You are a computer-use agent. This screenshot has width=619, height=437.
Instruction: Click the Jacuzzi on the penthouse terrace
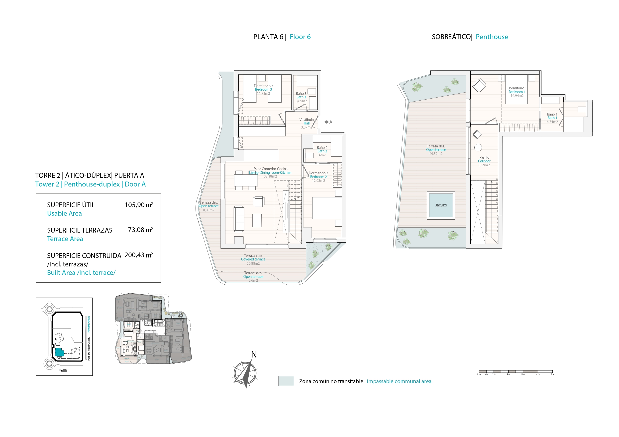pyautogui.click(x=441, y=205)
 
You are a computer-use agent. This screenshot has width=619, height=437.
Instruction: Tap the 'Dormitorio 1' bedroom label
pyautogui.click(x=516, y=88)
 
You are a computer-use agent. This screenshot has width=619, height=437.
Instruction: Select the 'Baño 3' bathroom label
pyautogui.click(x=301, y=94)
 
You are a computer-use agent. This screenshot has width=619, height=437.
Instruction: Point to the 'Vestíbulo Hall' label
pyautogui.click(x=307, y=122)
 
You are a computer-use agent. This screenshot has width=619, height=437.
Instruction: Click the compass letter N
pyautogui.click(x=254, y=355)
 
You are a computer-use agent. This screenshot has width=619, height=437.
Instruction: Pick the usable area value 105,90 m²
pyautogui.click(x=139, y=205)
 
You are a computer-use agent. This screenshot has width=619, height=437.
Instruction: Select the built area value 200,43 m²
pyautogui.click(x=139, y=255)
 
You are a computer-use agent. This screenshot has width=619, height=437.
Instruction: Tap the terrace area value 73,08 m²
pyautogui.click(x=140, y=230)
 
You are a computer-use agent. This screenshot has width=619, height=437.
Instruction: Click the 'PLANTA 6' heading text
pyautogui.click(x=268, y=37)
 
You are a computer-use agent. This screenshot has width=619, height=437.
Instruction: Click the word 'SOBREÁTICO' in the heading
pyautogui.click(x=451, y=37)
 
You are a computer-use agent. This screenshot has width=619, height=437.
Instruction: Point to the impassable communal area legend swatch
pyautogui.click(x=286, y=381)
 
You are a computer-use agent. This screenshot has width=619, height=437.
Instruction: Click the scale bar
pyautogui.click(x=516, y=372)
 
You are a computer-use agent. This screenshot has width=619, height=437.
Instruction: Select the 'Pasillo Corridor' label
pyautogui.click(x=484, y=159)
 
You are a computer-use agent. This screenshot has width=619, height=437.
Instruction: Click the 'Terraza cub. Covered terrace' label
pyautogui.click(x=253, y=257)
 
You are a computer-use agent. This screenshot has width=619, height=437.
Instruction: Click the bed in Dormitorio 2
pyautogui.click(x=327, y=208)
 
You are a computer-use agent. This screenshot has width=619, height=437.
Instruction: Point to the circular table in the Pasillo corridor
pyautogui.click(x=478, y=148)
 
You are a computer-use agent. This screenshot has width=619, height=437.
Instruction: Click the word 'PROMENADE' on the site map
pyautogui.click(x=89, y=324)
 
